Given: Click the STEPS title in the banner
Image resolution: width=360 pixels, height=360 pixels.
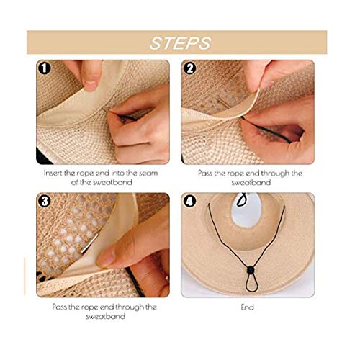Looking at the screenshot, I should point(180,42).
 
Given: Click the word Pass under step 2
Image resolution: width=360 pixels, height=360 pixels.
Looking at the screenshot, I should point(206,173).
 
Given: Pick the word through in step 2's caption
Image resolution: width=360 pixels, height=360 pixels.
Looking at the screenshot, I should point(272,173).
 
